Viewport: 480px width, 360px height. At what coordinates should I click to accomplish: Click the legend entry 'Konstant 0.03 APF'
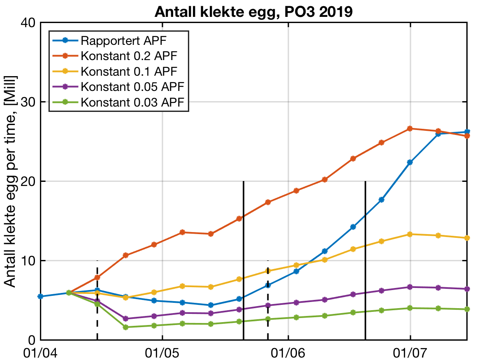[132, 102]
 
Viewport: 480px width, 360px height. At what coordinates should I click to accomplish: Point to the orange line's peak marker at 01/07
[410, 129]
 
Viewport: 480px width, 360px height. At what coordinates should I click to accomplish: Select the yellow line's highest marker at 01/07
[410, 235]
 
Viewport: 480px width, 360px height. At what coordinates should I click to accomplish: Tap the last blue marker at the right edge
[467, 132]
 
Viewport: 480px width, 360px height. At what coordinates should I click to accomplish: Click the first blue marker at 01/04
[40, 297]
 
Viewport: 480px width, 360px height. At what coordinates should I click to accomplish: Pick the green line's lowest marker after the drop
[125, 327]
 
